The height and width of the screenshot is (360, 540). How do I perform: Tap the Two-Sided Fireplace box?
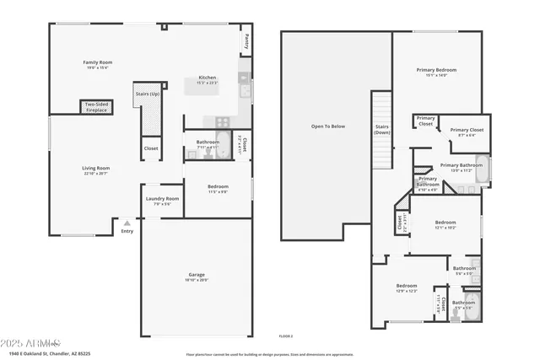pos(95,106)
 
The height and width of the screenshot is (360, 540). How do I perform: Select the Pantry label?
pos(246,40)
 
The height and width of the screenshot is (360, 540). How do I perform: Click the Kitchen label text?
pos(207,80)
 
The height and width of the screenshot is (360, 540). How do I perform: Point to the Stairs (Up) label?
pos(148,94)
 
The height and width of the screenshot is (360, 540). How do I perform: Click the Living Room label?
pos(95,170)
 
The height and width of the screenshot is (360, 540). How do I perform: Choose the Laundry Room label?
pos(161,201)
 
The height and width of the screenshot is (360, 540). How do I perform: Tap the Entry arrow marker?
pos(127,223)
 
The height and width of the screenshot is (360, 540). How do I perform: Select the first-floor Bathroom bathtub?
pos(224,143)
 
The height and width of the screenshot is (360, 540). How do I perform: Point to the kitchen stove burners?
pos(222,121)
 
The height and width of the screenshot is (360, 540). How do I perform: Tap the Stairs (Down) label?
pos(382,129)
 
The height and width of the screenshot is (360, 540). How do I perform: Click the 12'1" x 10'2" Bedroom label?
pos(445,224)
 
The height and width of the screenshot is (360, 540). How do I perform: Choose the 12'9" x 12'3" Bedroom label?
pos(407,288)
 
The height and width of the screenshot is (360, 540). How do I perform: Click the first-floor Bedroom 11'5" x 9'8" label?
pos(217,189)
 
